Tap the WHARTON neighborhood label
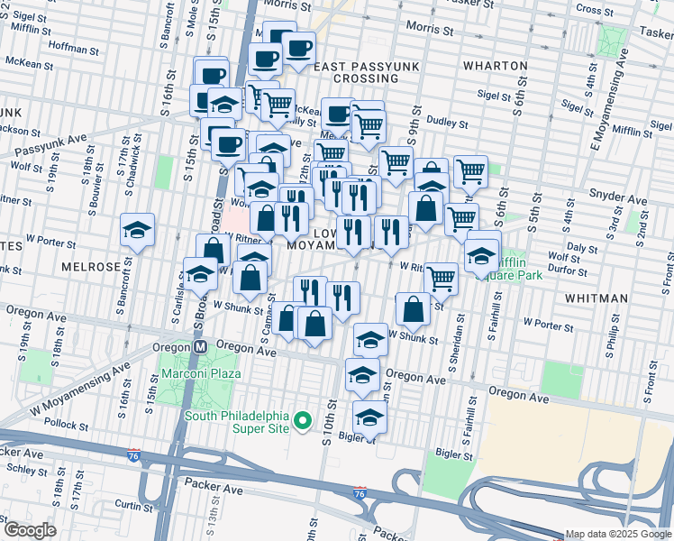[495, 66]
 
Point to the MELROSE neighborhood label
[91, 268]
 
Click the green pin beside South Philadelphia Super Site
[305, 421]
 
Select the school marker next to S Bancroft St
[137, 232]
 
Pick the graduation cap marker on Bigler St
[369, 418]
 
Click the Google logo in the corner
[29, 530]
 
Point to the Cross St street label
[594, 10]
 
